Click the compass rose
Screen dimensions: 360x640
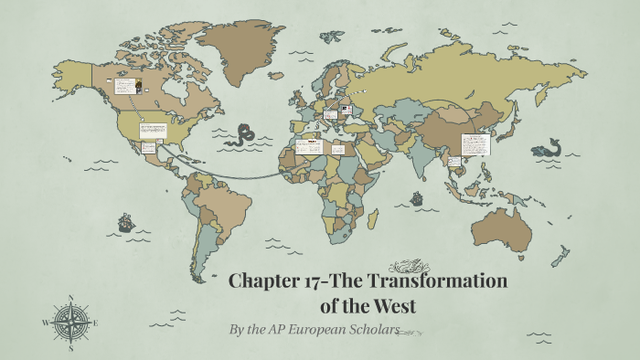pyautogui.click(x=70, y=322)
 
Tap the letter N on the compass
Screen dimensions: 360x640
pyautogui.click(x=70, y=298)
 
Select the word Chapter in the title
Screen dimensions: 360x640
pyautogui.click(x=265, y=281)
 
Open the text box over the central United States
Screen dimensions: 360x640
pyautogui.click(x=151, y=129)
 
